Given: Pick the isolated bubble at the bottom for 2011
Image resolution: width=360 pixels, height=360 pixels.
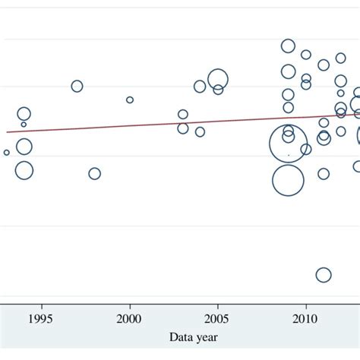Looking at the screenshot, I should [x=324, y=275].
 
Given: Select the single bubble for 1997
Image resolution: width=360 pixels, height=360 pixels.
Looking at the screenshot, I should [x=77, y=86].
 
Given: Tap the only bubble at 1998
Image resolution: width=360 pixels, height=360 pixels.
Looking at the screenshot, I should [x=94, y=173].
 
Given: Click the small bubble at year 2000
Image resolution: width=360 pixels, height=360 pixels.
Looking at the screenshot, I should [x=130, y=99].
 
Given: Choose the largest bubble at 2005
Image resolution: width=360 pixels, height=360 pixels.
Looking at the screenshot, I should [x=218, y=78].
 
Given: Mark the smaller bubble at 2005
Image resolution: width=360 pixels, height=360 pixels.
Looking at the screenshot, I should [x=218, y=90].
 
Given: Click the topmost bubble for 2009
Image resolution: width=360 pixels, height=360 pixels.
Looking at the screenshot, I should [x=288, y=46].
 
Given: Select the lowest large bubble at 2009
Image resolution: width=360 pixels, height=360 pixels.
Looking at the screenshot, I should [x=288, y=180].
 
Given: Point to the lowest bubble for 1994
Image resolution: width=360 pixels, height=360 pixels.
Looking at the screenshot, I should [x=24, y=170].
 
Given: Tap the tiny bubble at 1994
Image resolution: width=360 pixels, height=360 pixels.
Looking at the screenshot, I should [x=24, y=125].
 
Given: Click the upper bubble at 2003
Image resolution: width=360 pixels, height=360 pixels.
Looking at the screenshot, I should [x=183, y=115].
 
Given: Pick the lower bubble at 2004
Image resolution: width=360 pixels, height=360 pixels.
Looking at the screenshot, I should [x=200, y=131].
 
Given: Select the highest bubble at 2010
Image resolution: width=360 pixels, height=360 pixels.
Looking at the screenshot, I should [x=306, y=55].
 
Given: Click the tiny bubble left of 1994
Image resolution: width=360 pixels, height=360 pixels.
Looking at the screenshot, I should [x=7, y=153].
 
